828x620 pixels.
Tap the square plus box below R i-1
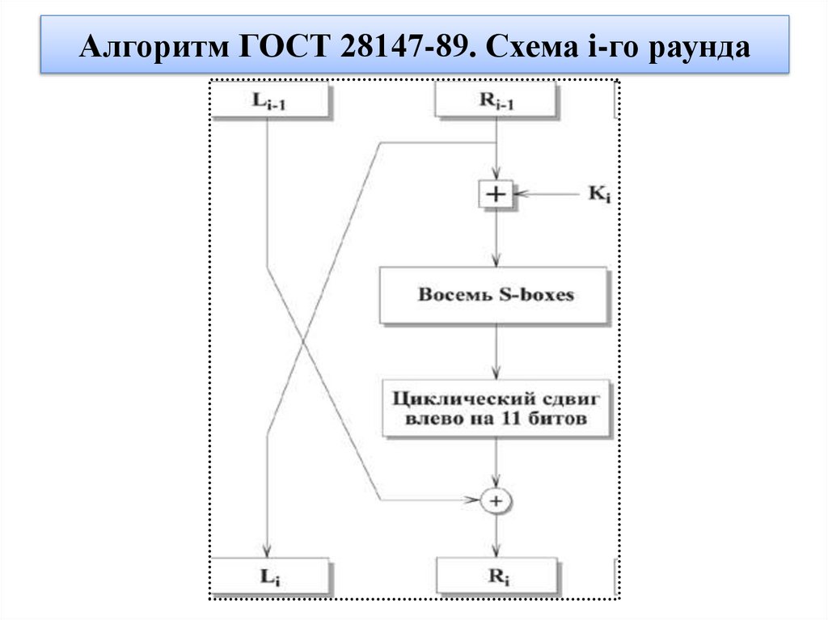496,195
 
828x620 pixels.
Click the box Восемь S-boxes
495,295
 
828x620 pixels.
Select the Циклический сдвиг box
495,409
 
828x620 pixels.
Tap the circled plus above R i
496,501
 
